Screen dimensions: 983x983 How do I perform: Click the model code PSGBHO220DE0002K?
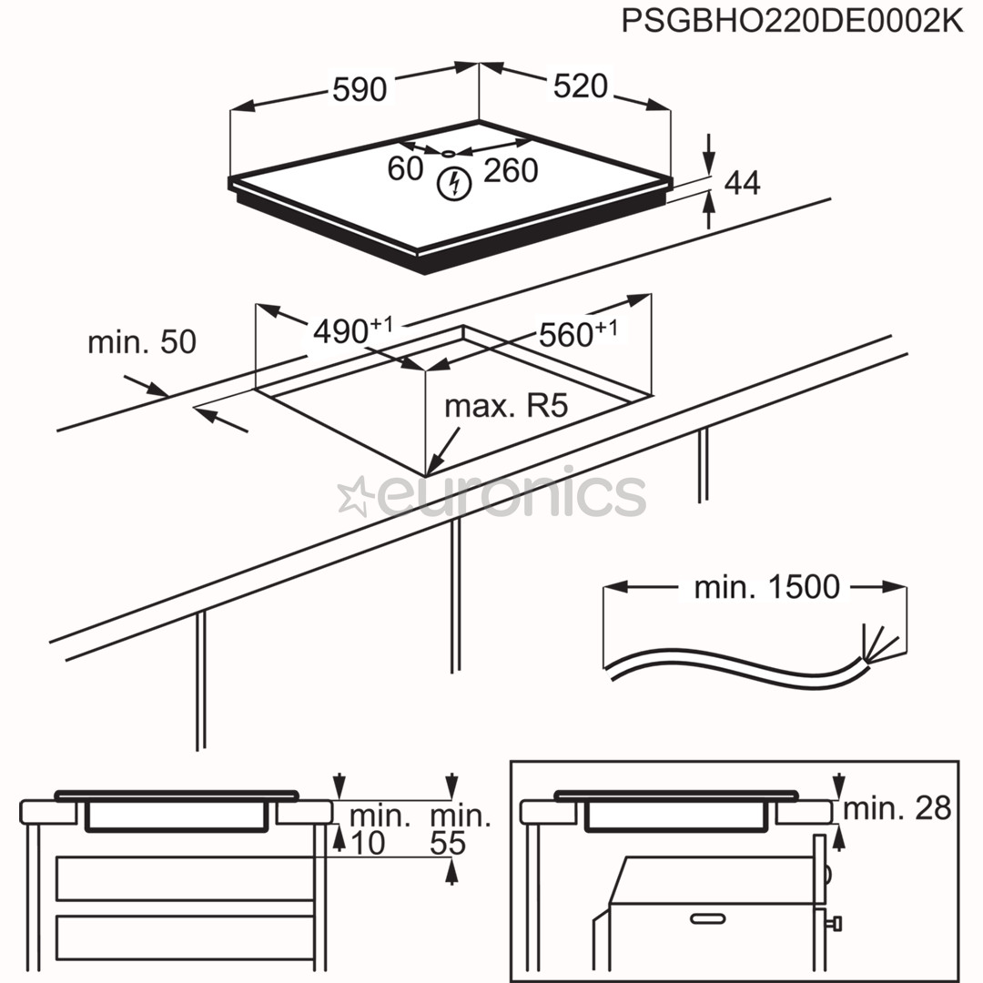[x=791, y=21]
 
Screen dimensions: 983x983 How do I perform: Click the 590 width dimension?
[x=360, y=89]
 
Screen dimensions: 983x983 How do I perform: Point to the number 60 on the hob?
[x=405, y=169]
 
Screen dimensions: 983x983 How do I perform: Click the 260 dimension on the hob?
[x=511, y=170]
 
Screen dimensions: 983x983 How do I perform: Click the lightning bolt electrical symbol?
[x=452, y=184]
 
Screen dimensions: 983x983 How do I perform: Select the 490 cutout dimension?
[x=350, y=329]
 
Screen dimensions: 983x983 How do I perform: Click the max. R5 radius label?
[x=506, y=406]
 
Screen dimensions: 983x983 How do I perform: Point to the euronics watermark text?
[x=510, y=496]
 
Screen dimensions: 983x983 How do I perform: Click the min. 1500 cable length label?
[x=766, y=587]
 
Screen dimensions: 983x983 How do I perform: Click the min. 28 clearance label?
[x=897, y=807]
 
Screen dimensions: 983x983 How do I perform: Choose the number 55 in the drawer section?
[x=449, y=843]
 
